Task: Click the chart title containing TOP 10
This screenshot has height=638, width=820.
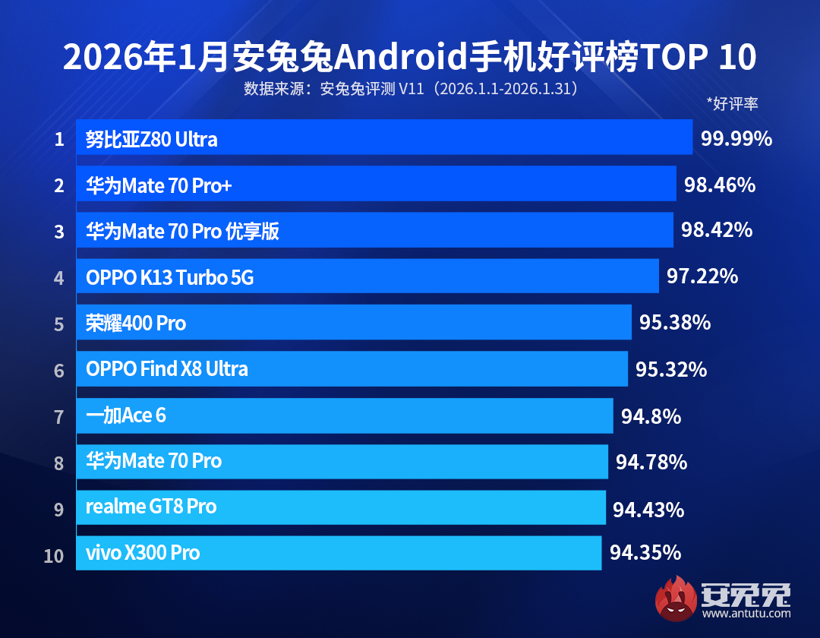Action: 409,58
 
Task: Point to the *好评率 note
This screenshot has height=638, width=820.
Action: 732,104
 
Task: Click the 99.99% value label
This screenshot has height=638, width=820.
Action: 736,138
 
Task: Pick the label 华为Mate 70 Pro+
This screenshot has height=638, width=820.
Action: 158,185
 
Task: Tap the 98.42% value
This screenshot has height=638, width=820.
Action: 717,230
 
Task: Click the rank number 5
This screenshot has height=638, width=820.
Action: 59,324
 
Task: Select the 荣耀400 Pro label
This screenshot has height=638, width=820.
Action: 136,324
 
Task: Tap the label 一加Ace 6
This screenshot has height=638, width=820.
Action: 126,415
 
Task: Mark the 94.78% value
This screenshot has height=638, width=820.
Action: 651,461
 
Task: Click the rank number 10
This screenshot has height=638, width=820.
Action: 54,555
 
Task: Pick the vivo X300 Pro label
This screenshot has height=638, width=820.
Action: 143,553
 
